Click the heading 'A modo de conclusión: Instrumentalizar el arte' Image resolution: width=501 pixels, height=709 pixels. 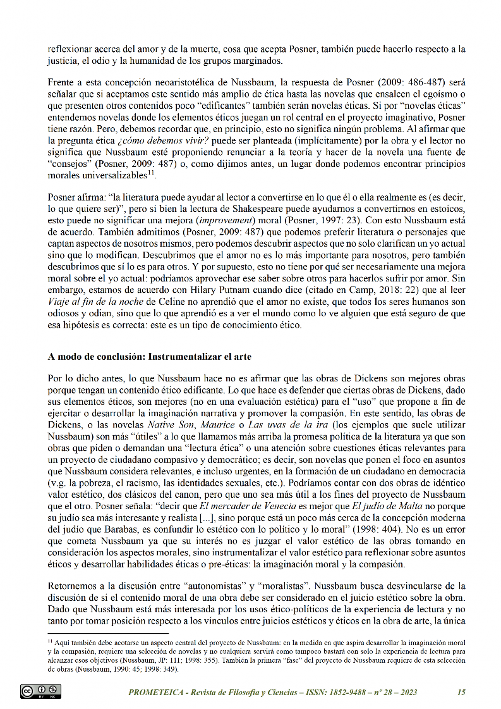click(149, 357)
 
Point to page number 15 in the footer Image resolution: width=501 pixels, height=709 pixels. click(461, 692)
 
